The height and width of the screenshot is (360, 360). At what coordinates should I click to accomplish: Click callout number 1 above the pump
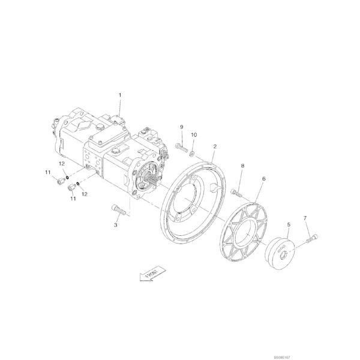coord(120,95)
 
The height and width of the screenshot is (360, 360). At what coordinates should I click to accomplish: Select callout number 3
coord(115,225)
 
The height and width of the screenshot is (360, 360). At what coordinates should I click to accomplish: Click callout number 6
coord(263,179)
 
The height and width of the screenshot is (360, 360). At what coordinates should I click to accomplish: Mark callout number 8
coord(242,165)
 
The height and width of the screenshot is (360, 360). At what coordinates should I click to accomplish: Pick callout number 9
coord(181,127)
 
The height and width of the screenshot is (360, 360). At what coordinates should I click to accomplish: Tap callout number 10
coord(194,135)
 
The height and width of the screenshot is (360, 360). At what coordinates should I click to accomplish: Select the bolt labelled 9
coord(180,146)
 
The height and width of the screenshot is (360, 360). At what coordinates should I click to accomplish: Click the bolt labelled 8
coord(236,193)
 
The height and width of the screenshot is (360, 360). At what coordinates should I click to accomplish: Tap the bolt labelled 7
coord(311,239)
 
